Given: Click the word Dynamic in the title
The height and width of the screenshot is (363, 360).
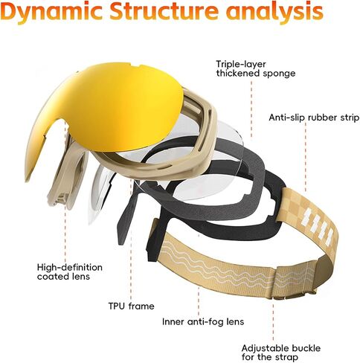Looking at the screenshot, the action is coord(53,11).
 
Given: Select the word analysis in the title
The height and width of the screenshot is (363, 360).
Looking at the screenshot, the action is coord(274,12).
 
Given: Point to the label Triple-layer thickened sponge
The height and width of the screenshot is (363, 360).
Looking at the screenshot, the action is coord(256,68).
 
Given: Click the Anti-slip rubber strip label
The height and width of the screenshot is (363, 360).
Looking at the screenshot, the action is coord(314,118).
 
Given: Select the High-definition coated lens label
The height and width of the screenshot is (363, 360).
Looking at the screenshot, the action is coord(70,272).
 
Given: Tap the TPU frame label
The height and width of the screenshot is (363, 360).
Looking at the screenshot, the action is coord(131,306).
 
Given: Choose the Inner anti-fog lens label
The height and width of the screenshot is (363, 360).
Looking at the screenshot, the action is coord(203,322).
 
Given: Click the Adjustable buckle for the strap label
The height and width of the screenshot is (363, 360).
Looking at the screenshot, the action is coord(281,353).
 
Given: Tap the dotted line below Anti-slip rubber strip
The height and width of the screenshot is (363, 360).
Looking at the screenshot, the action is coord(306,157).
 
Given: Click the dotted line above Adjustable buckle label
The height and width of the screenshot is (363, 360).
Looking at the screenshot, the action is coord(273,321).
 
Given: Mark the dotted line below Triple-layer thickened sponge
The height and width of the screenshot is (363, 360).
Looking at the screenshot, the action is coord(251,109).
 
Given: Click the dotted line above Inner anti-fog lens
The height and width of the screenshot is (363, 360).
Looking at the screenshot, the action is coord(199,300).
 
